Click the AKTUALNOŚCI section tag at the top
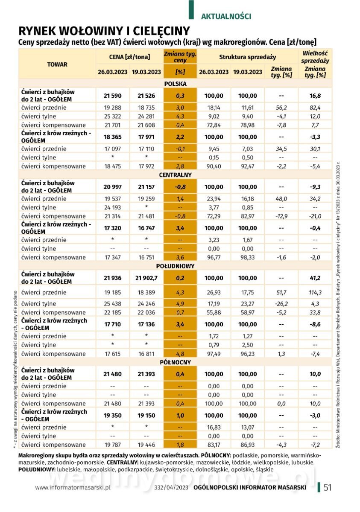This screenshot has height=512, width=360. (225, 17)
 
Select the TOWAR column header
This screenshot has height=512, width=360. (57, 64)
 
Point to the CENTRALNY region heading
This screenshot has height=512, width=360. (175, 175)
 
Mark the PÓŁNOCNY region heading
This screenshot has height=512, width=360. (175, 362)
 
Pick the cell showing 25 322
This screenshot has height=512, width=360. (112, 116)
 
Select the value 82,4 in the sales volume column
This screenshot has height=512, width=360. (315, 108)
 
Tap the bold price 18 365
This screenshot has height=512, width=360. (112, 137)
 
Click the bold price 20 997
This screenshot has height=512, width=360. (112, 187)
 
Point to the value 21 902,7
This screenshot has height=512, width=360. (146, 278)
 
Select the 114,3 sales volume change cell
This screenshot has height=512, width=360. (315, 292)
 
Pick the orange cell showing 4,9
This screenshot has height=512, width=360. (180, 304)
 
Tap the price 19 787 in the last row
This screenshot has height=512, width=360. (112, 445)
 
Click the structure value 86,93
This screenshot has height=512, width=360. (248, 445)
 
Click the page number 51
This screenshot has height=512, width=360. (328, 487)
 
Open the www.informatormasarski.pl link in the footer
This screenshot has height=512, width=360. (73, 487)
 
